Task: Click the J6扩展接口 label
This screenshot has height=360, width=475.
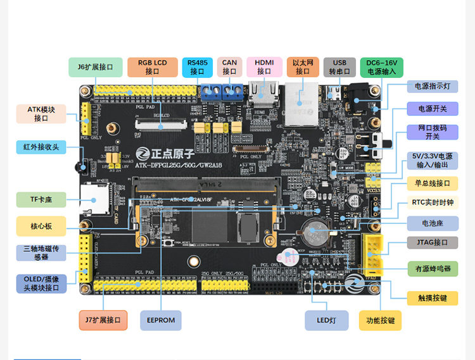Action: point(95,67)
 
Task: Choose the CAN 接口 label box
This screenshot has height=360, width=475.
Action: point(229,67)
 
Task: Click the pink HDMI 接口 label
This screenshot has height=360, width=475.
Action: point(264,67)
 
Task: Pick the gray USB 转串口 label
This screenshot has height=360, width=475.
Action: point(339,67)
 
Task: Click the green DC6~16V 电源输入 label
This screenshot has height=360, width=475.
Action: point(381,67)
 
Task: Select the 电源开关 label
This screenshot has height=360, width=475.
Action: point(432,109)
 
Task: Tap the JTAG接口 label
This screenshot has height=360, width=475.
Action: point(431,242)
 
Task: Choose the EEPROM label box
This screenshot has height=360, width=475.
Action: point(160,320)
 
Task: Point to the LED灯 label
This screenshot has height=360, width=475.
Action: point(327,320)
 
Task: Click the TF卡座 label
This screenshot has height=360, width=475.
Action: point(41,200)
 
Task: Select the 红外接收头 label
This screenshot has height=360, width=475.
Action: point(41,147)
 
